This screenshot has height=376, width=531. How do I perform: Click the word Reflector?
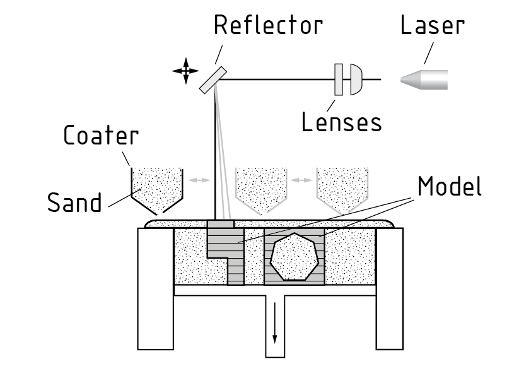point(268,26)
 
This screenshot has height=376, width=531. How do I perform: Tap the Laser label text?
point(433,26)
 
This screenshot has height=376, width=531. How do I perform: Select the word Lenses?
point(341,122)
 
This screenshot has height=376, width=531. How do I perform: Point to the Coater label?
point(101,136)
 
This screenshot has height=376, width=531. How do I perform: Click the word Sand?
point(74,203)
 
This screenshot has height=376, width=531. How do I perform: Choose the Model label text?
point(450,187)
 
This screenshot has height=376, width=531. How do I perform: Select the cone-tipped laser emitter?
point(424,79)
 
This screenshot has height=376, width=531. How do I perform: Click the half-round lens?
point(356,79)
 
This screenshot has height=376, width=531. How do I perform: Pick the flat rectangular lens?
point(339,79)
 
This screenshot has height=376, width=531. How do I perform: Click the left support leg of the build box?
point(155,287)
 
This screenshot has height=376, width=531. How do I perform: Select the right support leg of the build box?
point(389,287)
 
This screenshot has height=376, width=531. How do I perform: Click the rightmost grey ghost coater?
point(342,187)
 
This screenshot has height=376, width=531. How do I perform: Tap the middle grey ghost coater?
point(260,187)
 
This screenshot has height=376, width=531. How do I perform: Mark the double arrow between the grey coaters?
point(301,180)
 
